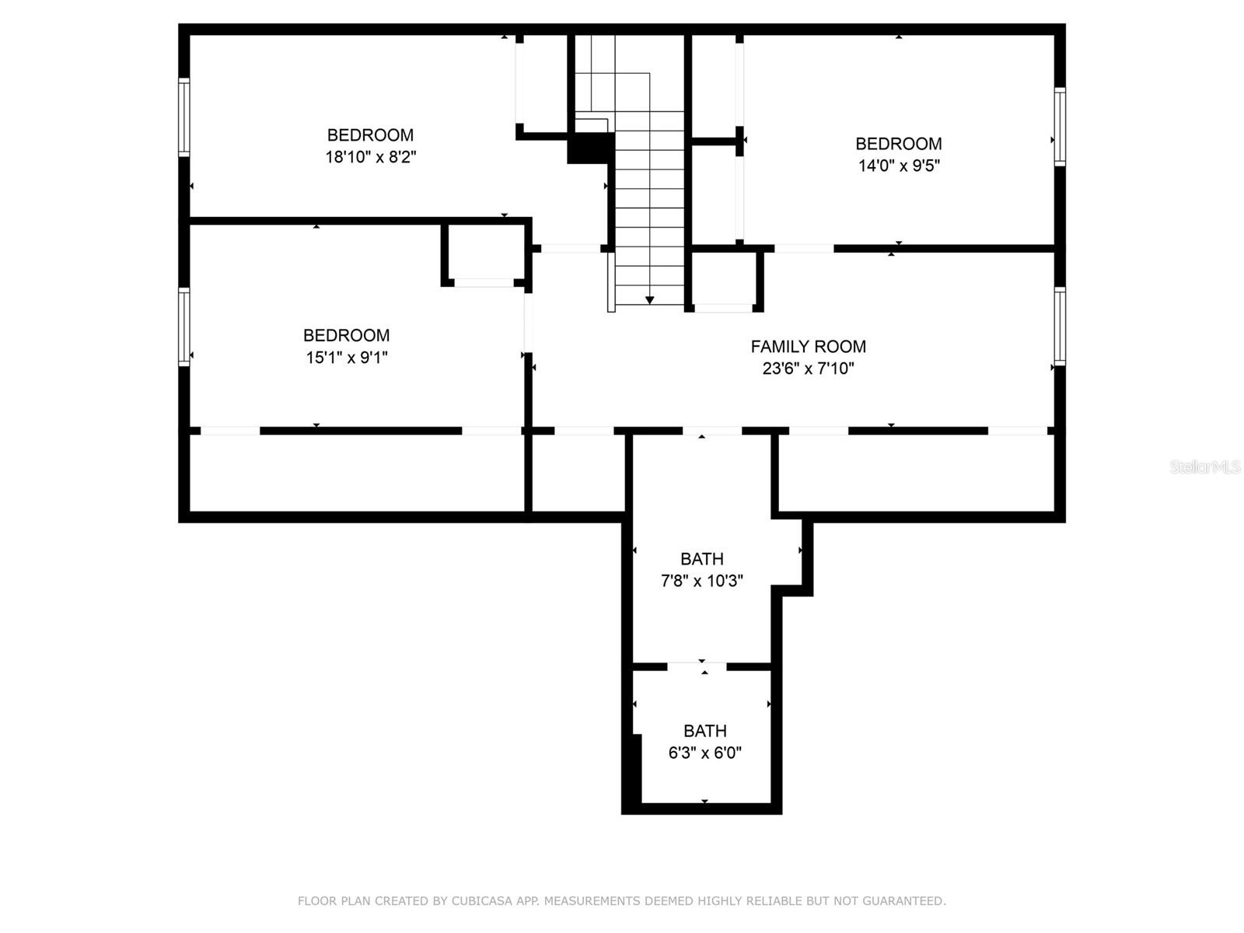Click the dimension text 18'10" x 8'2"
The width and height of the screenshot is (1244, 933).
tap(370, 157)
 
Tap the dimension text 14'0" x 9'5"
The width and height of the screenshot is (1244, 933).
tap(899, 166)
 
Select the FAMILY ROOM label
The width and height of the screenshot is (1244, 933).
tap(808, 347)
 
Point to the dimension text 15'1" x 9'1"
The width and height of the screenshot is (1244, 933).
tap(347, 358)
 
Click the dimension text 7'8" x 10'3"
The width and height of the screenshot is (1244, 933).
tap(702, 581)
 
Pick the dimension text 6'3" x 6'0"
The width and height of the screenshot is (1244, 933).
tap(704, 753)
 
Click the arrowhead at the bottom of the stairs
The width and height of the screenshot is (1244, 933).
tap(649, 300)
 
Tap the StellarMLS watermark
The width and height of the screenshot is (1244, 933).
tap(1204, 466)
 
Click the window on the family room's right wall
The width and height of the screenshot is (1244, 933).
tap(1059, 326)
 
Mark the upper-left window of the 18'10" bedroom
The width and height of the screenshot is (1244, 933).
tap(184, 117)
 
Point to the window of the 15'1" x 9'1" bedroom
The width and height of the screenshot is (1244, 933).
tap(184, 326)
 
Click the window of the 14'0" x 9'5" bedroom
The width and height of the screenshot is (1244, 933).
tap(1059, 126)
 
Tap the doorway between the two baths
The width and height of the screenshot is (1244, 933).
tap(697, 666)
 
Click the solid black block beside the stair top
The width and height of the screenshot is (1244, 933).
tap(590, 148)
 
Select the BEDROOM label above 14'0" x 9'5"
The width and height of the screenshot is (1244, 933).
tap(899, 144)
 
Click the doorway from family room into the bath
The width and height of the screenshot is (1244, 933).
tap(712, 431)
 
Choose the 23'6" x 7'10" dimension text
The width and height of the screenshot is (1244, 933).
tap(808, 369)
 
